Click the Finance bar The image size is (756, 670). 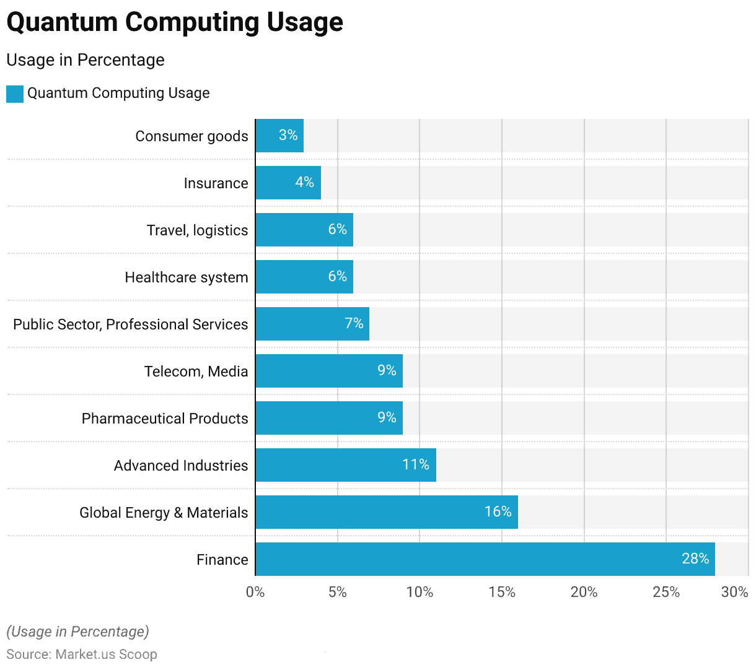point(485,559)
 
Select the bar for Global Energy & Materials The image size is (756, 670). point(386,512)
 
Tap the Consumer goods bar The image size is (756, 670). point(279,136)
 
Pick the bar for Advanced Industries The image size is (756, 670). point(345,465)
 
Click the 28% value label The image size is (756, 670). point(695,559)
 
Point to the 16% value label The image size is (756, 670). point(498,511)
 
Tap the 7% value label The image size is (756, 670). point(354,323)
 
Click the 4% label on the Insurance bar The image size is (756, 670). point(304,182)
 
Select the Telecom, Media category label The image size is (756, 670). point(196,372)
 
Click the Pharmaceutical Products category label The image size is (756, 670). point(165,419)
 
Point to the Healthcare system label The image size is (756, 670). point(186,277)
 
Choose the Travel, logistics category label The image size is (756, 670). point(197,230)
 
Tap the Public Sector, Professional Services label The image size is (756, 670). point(130,324)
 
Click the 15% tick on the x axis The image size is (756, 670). point(501,592)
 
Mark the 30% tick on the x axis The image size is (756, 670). point(734,592)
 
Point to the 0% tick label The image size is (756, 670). point(255,592)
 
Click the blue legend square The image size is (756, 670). point(15,94)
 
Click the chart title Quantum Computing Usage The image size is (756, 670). point(175,22)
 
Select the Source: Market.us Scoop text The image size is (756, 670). point(82,655)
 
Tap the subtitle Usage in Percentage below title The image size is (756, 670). point(86,60)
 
